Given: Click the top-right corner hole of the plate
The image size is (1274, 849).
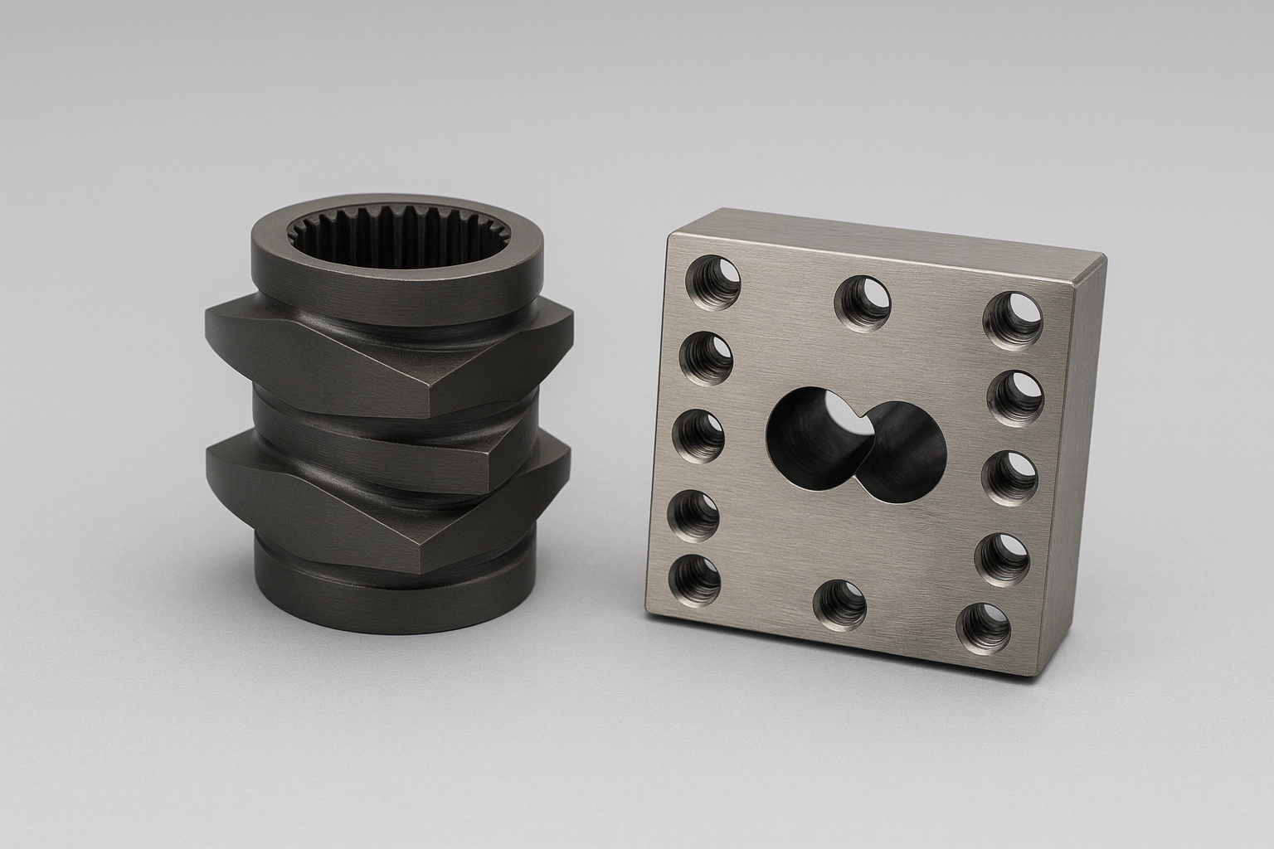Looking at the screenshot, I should [x=1014, y=319].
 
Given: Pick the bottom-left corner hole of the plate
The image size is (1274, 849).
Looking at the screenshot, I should [x=695, y=580].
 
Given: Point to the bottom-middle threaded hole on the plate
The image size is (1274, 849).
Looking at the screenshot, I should [x=839, y=606].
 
